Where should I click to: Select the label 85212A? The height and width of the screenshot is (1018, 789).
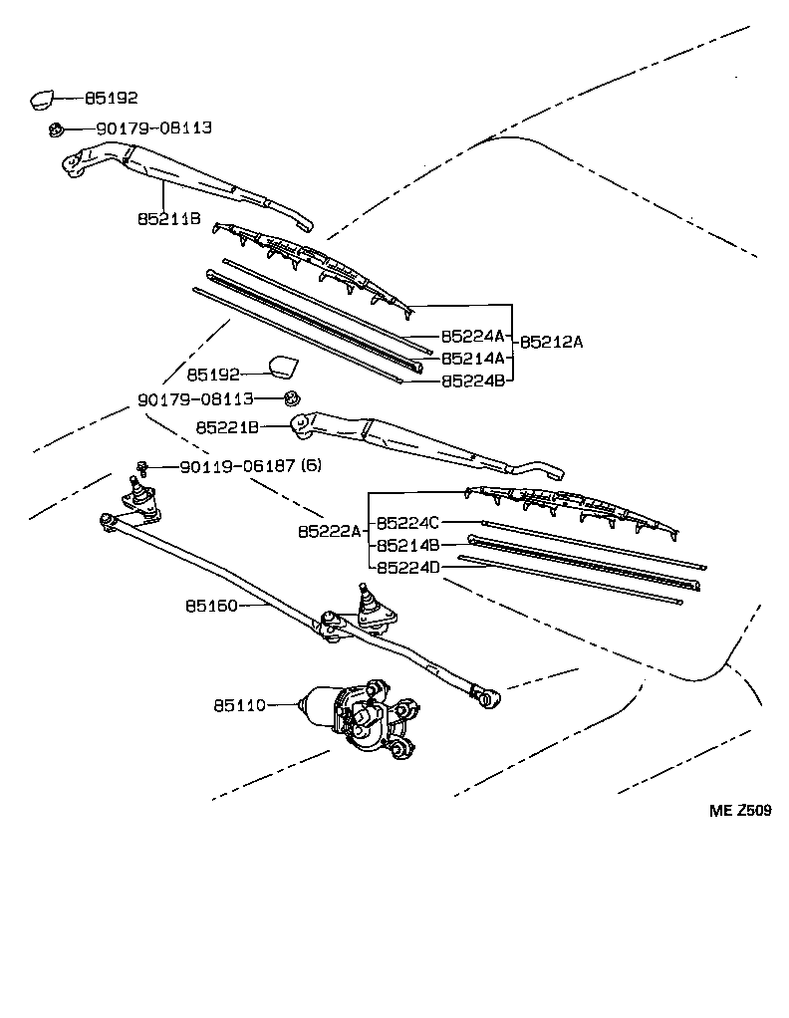pos(551,341)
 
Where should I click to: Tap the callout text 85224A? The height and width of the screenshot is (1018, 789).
pos(473,336)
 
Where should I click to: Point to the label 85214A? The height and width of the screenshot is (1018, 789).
pos(473,358)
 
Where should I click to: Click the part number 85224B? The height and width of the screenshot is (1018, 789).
pos(473,380)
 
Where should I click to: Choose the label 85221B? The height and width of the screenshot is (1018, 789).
pos(227,426)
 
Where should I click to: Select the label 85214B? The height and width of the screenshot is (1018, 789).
pos(408,546)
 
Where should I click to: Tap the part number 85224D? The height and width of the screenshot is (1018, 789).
pos(408,568)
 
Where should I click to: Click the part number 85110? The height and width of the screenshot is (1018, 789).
pos(239,705)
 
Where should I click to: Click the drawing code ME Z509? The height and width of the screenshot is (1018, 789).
pos(739,811)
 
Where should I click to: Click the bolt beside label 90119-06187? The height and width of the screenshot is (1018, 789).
pos(143,465)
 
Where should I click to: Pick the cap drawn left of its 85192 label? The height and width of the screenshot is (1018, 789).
pos(42,98)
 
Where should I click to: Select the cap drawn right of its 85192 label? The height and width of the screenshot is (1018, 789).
pos(283,367)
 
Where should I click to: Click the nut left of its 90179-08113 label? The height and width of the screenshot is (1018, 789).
pos(57,128)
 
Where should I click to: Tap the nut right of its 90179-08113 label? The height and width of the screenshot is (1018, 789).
pos(291,398)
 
